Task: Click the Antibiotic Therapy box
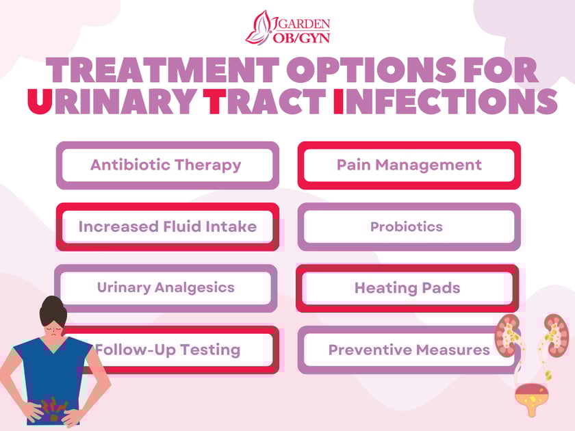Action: coord(166,165)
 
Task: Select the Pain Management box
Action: coord(409,165)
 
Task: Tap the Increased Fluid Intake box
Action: coord(167,226)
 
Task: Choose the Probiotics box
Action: coord(407,226)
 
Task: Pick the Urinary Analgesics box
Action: coord(166,287)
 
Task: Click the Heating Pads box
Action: coord(407,288)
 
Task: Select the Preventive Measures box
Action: coord(409,350)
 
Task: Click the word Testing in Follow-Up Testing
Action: coord(207,350)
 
